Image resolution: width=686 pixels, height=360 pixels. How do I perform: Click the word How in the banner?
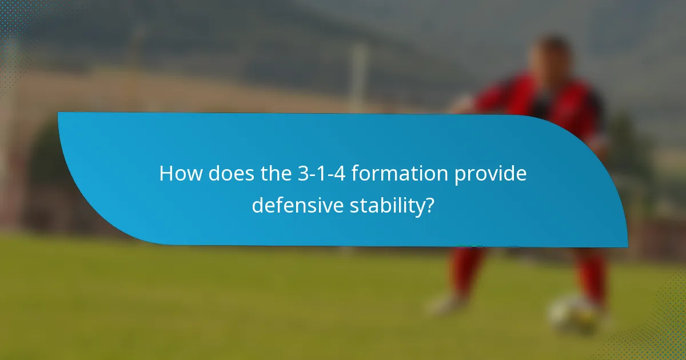pyautogui.click(x=180, y=174)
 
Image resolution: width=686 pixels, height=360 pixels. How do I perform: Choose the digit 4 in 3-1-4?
pyautogui.click(x=342, y=174)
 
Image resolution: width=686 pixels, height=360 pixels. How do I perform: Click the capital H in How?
pyautogui.click(x=166, y=174)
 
